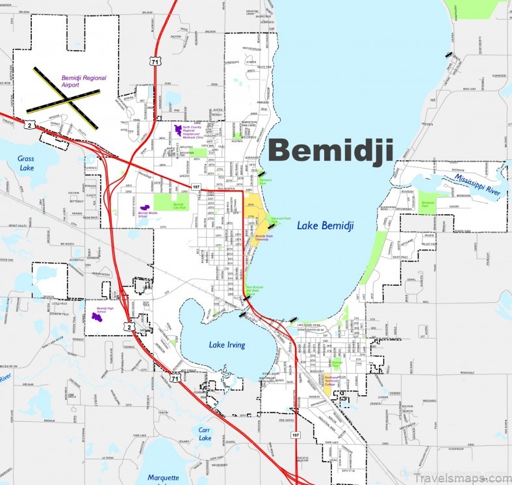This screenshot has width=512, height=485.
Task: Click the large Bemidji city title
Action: click(331, 150)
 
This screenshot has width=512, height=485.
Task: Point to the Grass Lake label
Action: click(26, 163)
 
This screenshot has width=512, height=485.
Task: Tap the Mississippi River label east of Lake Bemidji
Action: click(478, 180)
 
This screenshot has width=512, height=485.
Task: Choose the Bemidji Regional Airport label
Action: click(84, 81)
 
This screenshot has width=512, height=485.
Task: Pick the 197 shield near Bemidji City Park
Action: click(195, 187)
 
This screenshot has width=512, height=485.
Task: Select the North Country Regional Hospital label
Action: click(196, 132)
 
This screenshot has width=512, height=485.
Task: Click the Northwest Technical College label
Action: click(332, 380)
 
